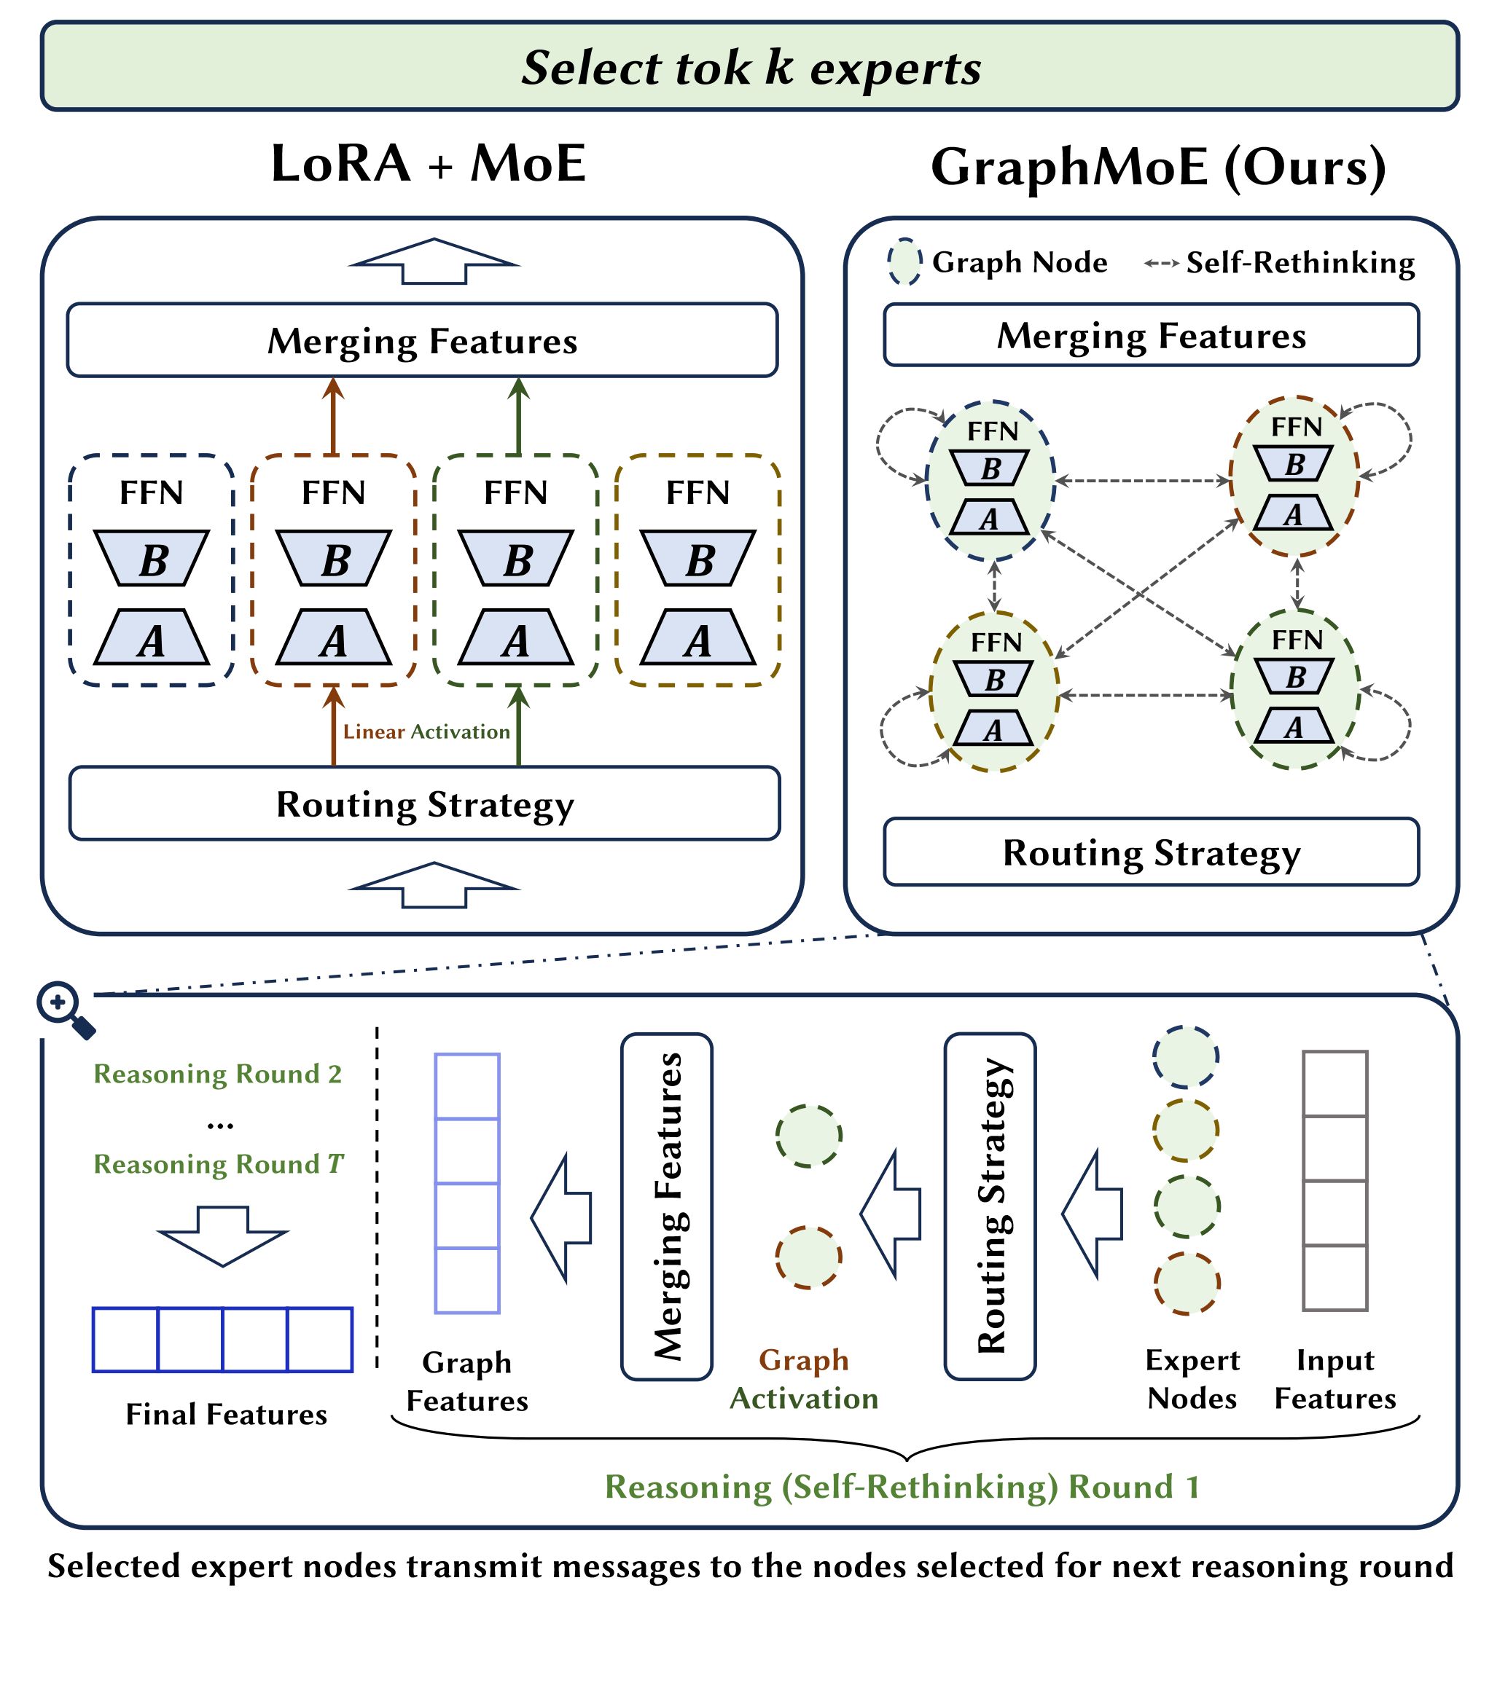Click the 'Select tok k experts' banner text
point(750,67)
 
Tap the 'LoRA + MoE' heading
point(428,164)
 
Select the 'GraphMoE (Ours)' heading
point(1157,167)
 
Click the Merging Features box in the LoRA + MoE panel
point(422,340)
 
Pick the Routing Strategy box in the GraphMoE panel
point(1151,853)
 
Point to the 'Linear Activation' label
point(426,731)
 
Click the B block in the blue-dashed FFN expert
point(151,559)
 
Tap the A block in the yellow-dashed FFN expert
point(697,639)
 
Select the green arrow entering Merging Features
point(518,415)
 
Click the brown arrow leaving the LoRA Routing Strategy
point(333,727)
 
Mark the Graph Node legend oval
point(904,262)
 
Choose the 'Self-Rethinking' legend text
point(1300,263)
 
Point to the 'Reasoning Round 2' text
point(218,1074)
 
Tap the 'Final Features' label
point(226,1415)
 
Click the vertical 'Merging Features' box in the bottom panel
point(666,1207)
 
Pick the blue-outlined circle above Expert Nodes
point(1186,1056)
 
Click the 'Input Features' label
point(1335,1380)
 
